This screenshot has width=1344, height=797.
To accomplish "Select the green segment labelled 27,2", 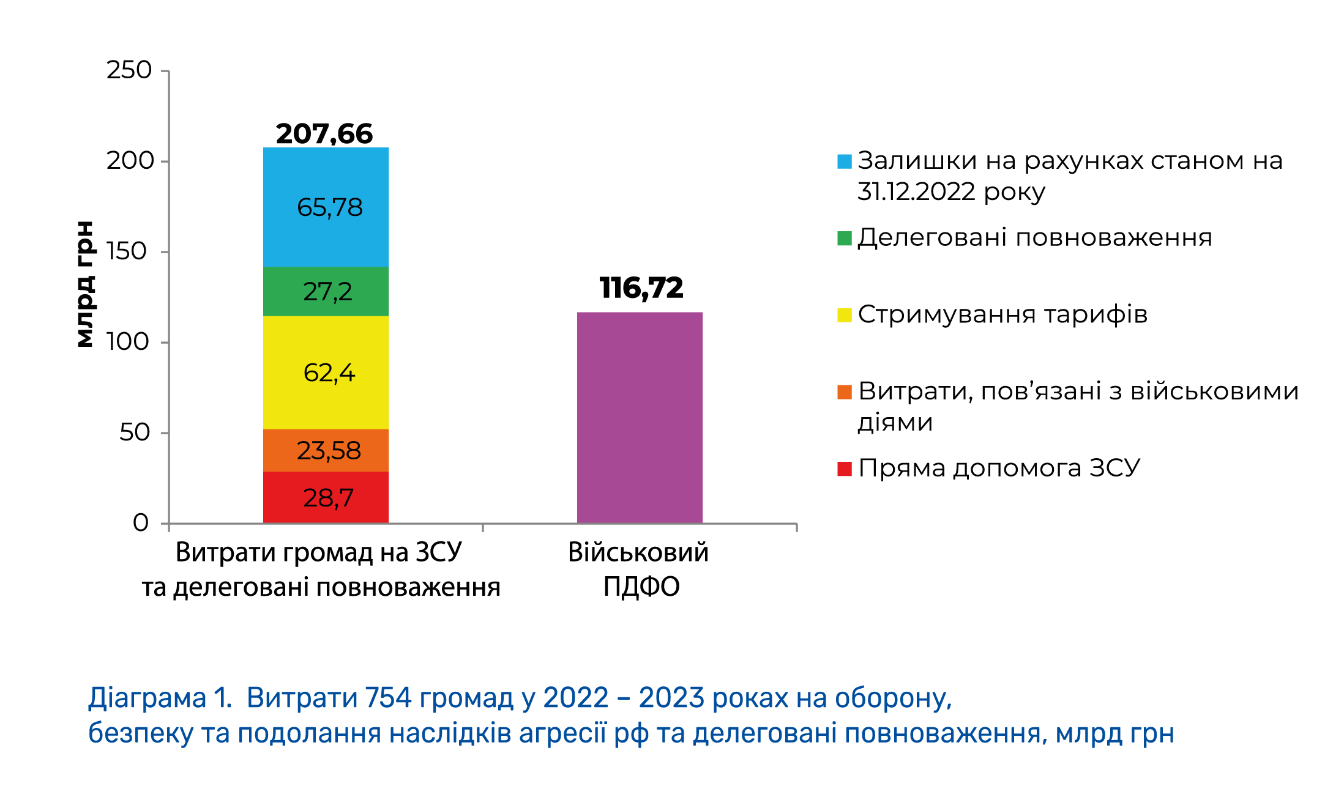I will (326, 291).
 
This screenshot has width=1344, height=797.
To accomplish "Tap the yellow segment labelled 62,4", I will (326, 373).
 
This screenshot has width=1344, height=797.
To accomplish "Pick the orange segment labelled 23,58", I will (326, 450).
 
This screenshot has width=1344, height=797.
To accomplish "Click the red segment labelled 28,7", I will (326, 497).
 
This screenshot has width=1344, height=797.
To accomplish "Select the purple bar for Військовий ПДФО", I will (640, 417).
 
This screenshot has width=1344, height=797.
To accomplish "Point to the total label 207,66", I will (324, 134).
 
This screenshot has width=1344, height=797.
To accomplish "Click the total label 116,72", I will (641, 288).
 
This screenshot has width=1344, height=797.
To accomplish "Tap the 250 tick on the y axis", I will (129, 70).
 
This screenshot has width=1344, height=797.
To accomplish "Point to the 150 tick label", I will (127, 251).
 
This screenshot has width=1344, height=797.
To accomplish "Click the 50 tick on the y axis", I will (135, 432).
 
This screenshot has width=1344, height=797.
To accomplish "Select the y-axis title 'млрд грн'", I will (85, 284).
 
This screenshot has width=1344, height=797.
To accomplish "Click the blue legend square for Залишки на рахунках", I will (845, 161).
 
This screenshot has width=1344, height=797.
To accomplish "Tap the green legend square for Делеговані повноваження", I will (845, 238).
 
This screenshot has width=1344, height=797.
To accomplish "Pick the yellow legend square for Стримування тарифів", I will (845, 315).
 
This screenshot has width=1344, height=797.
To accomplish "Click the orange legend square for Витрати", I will (845, 392).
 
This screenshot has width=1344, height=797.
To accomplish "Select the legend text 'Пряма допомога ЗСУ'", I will (999, 469).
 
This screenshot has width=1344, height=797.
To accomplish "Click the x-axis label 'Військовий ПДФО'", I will (639, 569).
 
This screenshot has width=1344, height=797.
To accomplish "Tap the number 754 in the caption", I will (387, 698).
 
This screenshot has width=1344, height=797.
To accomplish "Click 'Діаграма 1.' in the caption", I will (160, 698).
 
